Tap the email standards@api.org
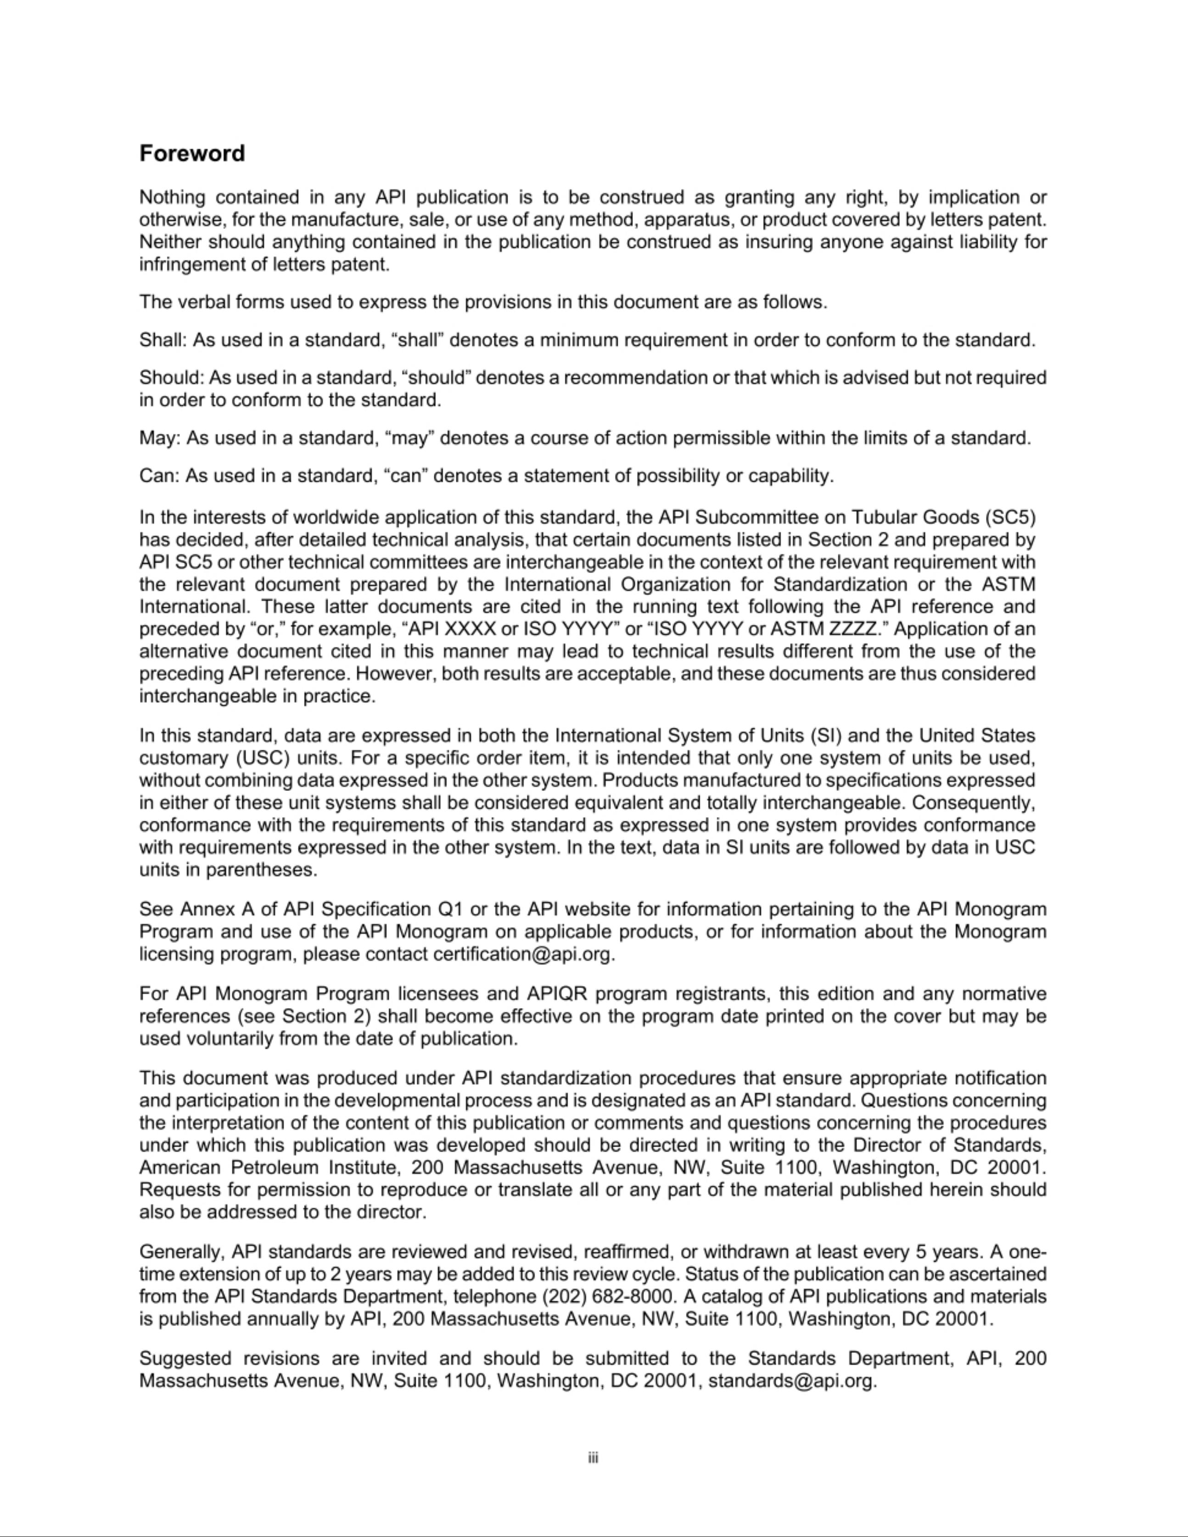coord(791,1381)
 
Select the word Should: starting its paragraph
coord(171,378)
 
